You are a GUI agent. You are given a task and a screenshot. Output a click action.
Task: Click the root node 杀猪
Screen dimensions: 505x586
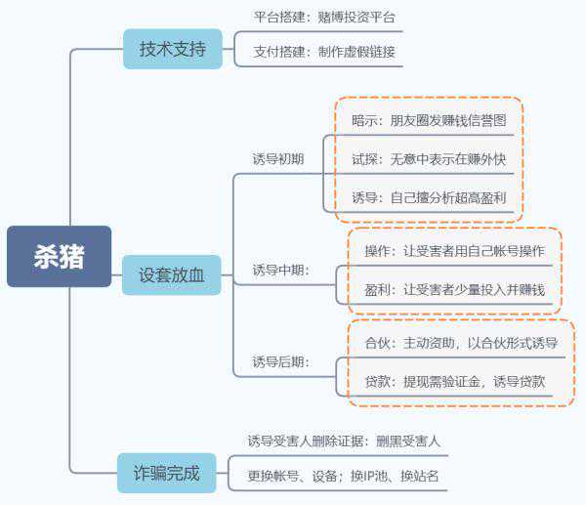59,257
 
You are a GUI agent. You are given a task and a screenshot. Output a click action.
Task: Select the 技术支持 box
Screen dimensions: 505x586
172,49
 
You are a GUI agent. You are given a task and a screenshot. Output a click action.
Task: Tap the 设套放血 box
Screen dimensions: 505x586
172,274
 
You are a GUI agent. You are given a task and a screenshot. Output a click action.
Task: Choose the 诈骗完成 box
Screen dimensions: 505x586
166,474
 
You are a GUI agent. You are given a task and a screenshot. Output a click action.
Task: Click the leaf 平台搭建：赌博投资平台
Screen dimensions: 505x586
324,18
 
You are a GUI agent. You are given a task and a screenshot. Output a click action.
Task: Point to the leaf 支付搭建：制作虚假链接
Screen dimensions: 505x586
324,52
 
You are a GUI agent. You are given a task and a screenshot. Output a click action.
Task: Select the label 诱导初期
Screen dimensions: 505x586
278,158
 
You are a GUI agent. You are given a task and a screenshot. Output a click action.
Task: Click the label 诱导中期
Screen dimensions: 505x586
280,270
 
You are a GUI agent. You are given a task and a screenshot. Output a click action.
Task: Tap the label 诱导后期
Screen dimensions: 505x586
280,361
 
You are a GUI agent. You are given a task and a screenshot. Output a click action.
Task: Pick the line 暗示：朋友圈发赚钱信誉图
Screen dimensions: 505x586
429,120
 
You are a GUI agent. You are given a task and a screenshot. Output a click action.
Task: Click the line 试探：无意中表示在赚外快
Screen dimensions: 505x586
429,157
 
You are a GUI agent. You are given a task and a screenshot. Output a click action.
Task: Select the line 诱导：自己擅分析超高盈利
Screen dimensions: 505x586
429,196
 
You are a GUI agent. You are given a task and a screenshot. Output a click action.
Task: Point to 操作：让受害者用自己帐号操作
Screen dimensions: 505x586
454,251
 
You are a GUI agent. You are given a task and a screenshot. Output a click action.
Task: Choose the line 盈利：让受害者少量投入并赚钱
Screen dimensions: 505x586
454,290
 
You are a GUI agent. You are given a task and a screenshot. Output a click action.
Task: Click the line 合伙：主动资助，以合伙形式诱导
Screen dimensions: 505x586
461,343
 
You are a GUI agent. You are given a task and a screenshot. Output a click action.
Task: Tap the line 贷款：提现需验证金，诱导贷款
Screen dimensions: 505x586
454,381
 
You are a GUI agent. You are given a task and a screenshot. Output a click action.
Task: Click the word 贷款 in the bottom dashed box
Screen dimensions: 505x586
377,381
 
